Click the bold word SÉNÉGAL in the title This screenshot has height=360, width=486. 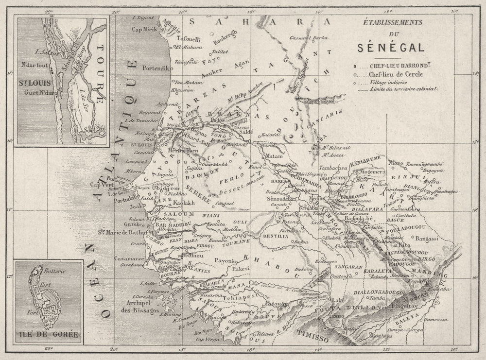point(390,47)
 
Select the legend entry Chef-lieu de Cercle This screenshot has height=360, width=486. point(396,74)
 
